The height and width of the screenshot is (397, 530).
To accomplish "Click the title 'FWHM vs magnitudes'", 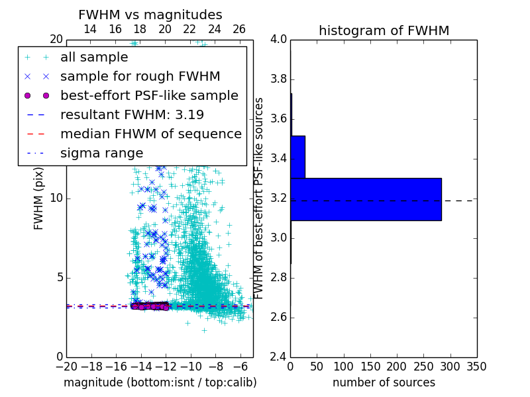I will click(150, 15).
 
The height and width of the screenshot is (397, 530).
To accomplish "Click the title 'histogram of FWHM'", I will click(384, 31).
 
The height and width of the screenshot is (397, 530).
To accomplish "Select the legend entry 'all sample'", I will click(94, 58).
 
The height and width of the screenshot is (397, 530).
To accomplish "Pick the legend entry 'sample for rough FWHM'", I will click(140, 77).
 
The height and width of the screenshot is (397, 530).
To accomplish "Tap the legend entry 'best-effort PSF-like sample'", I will click(149, 95).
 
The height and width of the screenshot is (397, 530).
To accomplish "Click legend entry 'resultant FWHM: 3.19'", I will click(132, 114).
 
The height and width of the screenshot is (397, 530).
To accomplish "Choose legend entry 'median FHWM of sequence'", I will click(150, 134).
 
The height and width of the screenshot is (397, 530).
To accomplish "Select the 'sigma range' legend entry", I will click(101, 153).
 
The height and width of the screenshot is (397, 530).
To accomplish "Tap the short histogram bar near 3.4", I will click(297, 157).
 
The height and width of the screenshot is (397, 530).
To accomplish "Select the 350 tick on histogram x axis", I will click(476, 367).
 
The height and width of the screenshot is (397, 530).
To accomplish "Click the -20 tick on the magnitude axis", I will click(66, 367).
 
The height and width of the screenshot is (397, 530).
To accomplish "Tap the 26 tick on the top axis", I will click(239, 29).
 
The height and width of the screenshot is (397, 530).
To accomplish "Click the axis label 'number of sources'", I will click(384, 382).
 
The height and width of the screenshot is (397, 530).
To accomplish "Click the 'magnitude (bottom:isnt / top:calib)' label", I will click(160, 382).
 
